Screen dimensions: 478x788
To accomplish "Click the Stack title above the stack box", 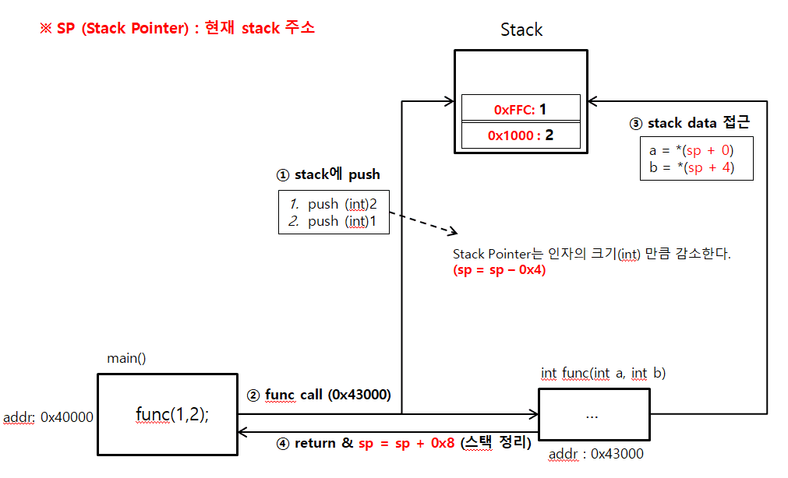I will pos(521,30).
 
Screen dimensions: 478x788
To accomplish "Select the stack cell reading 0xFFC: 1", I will pos(521,110).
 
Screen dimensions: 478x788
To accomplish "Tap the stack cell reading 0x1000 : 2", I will pos(521,135).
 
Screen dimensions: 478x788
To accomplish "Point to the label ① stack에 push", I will pos(329,174).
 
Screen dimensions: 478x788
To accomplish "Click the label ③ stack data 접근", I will pos(690,123).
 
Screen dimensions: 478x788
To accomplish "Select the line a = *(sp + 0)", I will pos(691,150).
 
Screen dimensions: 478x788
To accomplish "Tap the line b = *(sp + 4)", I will pos(691,167).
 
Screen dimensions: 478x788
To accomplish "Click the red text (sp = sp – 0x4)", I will pos(499,270).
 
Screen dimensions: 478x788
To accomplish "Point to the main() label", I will pos(126,359).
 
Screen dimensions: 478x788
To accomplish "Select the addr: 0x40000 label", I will pos(48,416).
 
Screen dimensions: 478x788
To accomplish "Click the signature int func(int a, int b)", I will pos(602,374).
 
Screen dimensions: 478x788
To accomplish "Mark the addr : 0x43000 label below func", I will pos(596,454).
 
